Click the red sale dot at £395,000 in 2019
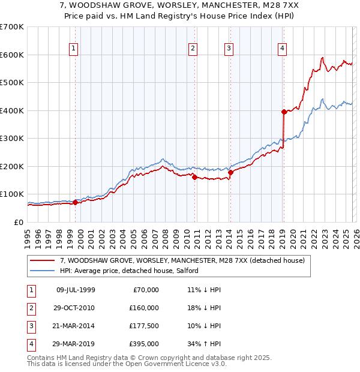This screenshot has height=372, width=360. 284,112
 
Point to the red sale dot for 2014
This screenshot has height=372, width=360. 230,172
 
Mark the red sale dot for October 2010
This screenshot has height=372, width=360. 194,177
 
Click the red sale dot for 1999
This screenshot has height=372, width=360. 75,202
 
